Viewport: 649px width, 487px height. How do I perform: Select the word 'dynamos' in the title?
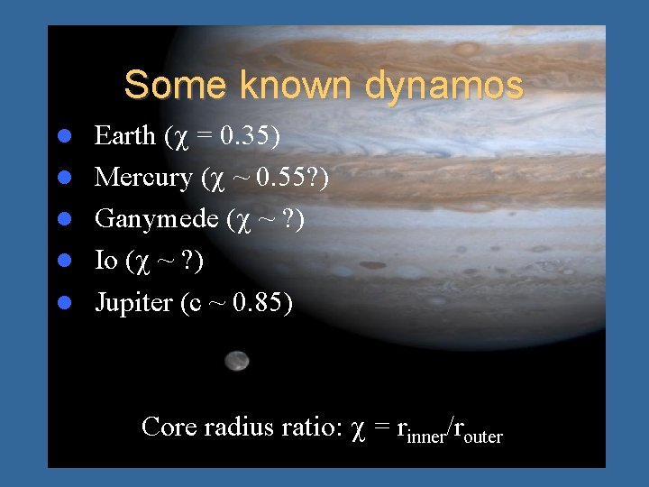coord(443,86)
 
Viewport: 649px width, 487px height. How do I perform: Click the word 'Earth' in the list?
coord(125,136)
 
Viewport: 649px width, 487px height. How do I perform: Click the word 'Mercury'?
coord(143,178)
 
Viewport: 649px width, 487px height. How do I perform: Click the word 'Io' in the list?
coord(106,261)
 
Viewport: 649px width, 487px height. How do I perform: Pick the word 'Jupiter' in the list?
coord(133,303)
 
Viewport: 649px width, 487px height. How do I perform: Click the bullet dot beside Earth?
coord(64,137)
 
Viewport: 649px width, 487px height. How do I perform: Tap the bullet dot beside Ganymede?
coord(64,220)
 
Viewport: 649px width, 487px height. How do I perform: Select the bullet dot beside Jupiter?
coord(64,303)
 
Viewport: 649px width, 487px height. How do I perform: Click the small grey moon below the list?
coord(237,361)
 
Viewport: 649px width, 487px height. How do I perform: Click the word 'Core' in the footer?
coord(169,427)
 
